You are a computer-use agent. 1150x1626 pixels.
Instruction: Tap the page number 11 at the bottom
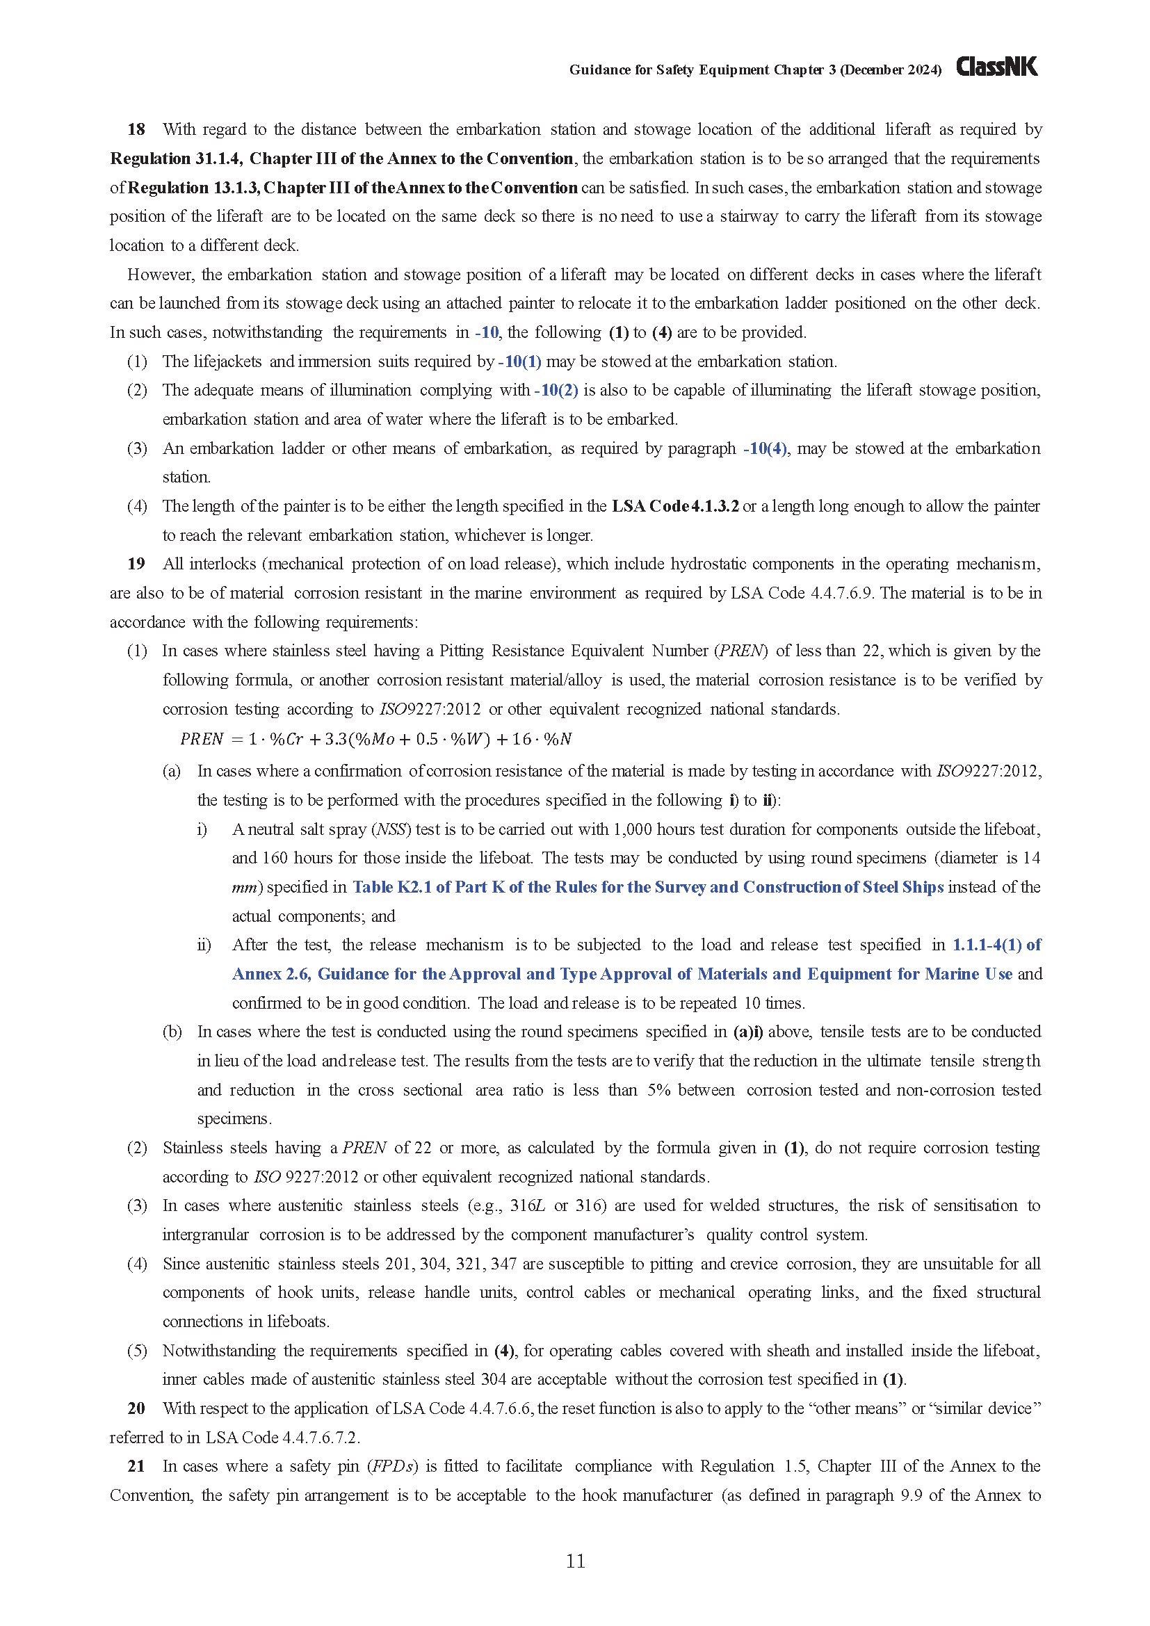click(x=575, y=1561)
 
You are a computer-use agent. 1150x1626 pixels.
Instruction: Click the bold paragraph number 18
click(x=136, y=129)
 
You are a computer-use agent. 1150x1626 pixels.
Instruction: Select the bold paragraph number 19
click(x=136, y=564)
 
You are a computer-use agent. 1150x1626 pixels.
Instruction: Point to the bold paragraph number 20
click(x=136, y=1408)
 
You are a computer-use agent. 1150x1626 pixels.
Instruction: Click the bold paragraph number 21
click(x=136, y=1466)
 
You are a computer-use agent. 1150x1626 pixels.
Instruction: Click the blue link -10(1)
click(x=520, y=362)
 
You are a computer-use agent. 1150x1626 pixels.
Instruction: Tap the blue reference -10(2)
click(x=556, y=390)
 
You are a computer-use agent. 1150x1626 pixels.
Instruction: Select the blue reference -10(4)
click(x=765, y=448)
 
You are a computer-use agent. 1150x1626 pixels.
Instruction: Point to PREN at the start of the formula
click(x=201, y=740)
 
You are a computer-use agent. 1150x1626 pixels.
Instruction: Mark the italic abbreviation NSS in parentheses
click(x=390, y=829)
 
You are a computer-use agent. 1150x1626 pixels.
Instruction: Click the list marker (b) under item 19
click(x=172, y=1032)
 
